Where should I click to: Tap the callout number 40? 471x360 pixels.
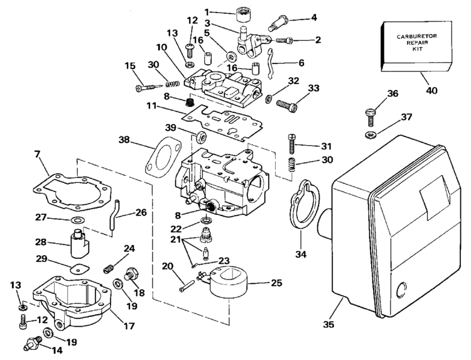tap(431, 90)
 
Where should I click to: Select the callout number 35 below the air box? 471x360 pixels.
tap(328, 325)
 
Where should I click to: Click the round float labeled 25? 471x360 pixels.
tap(229, 283)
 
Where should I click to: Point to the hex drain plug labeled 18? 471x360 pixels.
tap(131, 273)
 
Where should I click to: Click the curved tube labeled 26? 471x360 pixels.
tap(114, 215)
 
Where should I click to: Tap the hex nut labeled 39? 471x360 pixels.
tap(201, 137)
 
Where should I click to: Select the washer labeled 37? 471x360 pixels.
tap(371, 134)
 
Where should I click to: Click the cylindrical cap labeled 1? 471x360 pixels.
tap(243, 14)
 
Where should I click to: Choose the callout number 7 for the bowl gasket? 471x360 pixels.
tap(37, 155)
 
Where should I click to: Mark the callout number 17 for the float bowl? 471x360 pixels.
tap(129, 325)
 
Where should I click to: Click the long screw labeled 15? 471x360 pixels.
tap(149, 87)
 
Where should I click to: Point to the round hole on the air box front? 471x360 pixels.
tap(402, 290)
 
